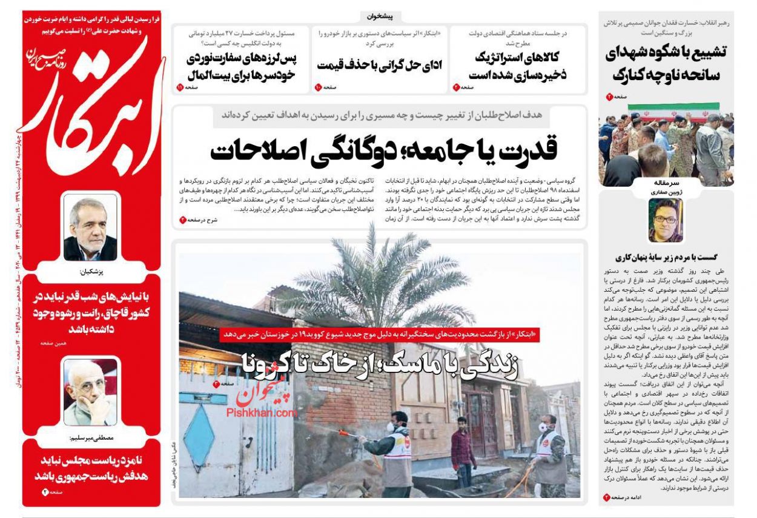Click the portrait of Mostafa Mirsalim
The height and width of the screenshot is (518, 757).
pyautogui.click(x=90, y=392)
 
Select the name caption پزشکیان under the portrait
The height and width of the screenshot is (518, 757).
pyautogui.click(x=90, y=272)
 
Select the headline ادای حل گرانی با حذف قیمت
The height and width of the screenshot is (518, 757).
pyautogui.click(x=379, y=64)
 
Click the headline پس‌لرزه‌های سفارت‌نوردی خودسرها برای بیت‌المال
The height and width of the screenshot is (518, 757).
pyautogui.click(x=240, y=67)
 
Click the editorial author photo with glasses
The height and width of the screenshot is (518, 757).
pyautogui.click(x=666, y=220)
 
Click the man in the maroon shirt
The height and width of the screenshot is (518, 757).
pyautogui.click(x=463, y=451)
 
